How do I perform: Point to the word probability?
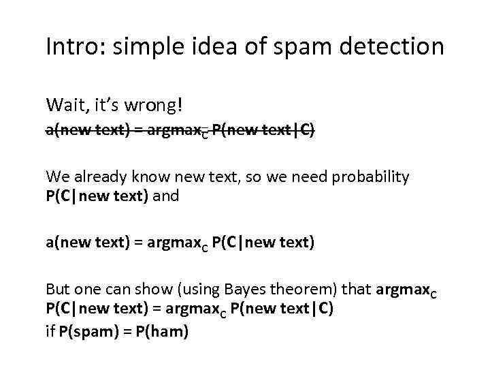coord(373,177)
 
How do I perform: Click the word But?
coord(58,288)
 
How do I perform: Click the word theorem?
coord(299,288)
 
